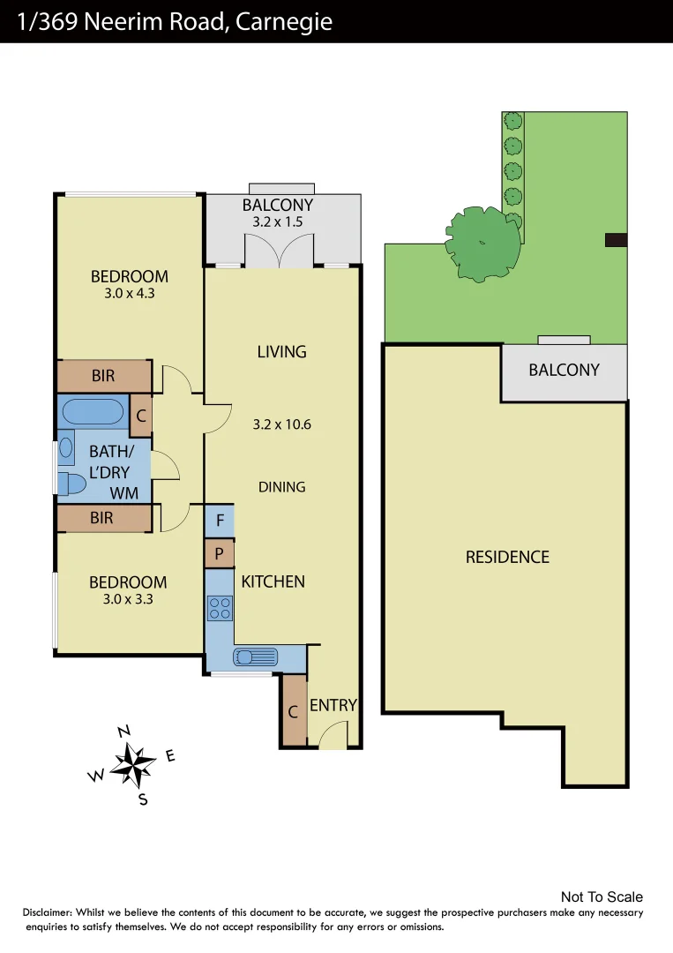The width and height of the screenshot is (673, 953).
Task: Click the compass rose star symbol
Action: click(133, 764)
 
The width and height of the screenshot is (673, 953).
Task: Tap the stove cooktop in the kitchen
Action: click(219, 608)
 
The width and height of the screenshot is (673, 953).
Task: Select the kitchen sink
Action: click(256, 657)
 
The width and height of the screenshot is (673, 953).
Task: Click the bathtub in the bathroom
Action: click(93, 412)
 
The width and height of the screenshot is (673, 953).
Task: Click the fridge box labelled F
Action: click(220, 521)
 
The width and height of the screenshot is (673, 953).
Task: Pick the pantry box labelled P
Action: click(220, 554)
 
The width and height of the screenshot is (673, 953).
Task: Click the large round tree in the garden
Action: click(482, 243)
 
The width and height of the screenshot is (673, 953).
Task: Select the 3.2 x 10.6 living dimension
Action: click(282, 424)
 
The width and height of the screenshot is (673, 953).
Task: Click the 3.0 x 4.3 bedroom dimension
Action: click(129, 294)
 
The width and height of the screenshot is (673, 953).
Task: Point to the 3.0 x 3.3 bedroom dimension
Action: click(128, 599)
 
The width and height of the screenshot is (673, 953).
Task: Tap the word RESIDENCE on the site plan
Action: click(507, 557)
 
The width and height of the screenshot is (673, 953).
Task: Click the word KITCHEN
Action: click(273, 582)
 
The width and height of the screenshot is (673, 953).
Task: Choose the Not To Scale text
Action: click(602, 897)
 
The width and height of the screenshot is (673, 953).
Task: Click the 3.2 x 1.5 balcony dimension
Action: click(278, 222)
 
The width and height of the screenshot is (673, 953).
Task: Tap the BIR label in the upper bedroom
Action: click(103, 376)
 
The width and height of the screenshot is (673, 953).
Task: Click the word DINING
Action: click(282, 487)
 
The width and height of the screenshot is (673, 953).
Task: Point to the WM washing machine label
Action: click(123, 491)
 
